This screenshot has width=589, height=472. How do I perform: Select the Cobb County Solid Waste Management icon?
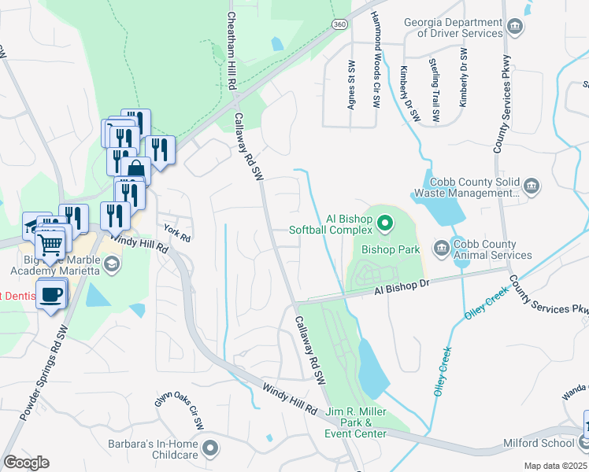(x=532, y=186)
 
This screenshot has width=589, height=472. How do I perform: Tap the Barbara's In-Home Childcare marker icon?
(x=209, y=449)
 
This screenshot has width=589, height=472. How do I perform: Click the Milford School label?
(x=550, y=444)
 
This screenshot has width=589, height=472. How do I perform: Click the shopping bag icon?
(x=136, y=169)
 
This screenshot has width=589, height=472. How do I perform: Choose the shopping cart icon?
(x=51, y=243)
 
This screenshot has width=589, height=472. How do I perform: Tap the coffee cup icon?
(x=52, y=294)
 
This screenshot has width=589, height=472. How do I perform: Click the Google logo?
(x=26, y=463)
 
